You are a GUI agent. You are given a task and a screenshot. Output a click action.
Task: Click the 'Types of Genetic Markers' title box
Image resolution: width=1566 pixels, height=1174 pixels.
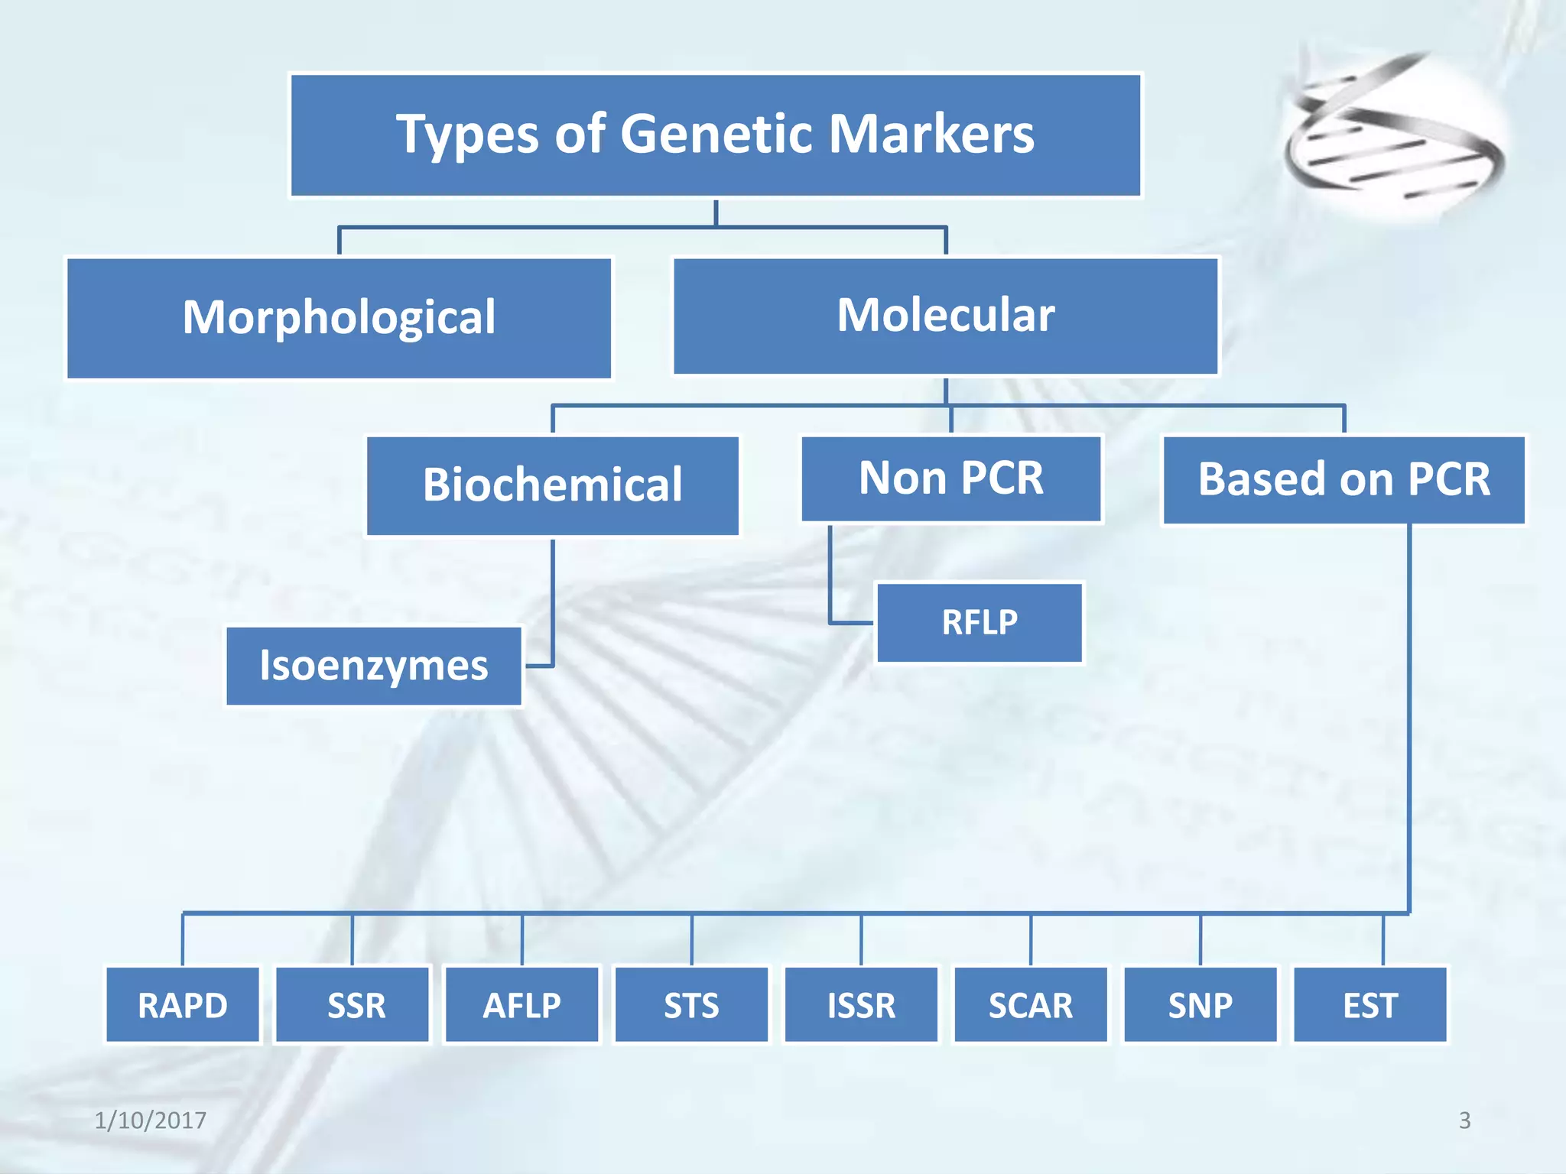pyautogui.click(x=716, y=135)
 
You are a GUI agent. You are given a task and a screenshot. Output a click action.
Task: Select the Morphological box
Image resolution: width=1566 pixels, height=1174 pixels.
pyautogui.click(x=340, y=318)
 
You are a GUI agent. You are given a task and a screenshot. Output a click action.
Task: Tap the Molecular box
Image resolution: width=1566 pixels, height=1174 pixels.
pyautogui.click(x=946, y=316)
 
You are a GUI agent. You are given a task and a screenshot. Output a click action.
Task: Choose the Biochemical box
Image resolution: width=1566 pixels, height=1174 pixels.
pyautogui.click(x=553, y=485)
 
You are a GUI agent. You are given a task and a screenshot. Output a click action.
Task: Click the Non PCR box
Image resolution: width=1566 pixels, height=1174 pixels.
pyautogui.click(x=951, y=478)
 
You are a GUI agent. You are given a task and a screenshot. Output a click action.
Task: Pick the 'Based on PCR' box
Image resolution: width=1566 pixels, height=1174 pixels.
pyautogui.click(x=1343, y=480)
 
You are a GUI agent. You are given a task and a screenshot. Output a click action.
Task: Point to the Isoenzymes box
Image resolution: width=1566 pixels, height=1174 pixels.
pyautogui.click(x=374, y=666)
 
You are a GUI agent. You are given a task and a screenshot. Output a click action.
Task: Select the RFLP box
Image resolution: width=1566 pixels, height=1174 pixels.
pyautogui.click(x=980, y=622)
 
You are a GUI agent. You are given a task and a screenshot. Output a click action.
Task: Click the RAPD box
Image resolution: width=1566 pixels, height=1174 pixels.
pyautogui.click(x=183, y=1005)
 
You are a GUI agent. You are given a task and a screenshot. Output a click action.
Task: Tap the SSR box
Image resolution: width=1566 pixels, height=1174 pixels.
pyautogui.click(x=353, y=1005)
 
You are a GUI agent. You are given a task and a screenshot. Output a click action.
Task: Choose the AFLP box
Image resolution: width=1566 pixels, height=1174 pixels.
pyautogui.click(x=522, y=1005)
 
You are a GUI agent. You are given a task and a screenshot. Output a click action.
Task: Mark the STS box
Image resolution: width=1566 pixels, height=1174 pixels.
pyautogui.click(x=692, y=1005)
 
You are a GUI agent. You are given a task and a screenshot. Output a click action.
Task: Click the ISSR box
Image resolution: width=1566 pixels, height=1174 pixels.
pyautogui.click(x=862, y=1005)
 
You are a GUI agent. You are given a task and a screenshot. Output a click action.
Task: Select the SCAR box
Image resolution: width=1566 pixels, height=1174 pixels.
pyautogui.click(x=1031, y=1005)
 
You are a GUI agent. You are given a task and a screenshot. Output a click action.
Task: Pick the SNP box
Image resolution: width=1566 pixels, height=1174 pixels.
pyautogui.click(x=1200, y=1005)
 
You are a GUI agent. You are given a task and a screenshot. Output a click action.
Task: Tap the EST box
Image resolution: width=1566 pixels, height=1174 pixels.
pyautogui.click(x=1370, y=1005)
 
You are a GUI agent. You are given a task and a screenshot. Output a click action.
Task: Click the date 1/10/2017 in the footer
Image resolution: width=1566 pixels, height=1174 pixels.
pyautogui.click(x=151, y=1120)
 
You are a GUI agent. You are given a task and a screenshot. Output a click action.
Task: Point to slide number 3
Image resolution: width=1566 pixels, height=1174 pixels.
pyautogui.click(x=1464, y=1120)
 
